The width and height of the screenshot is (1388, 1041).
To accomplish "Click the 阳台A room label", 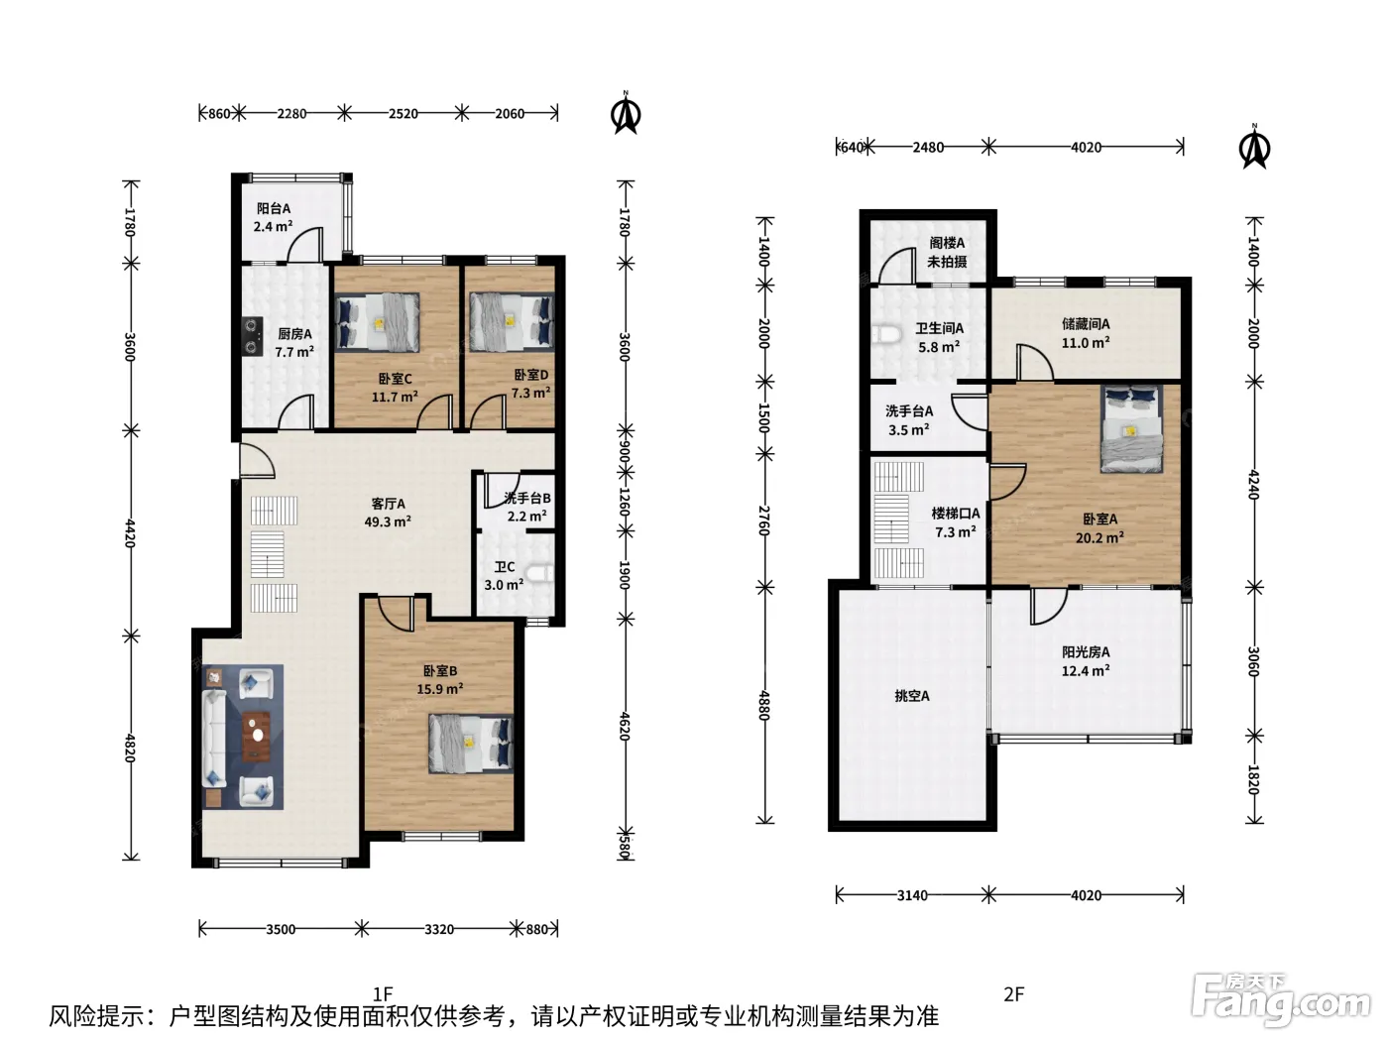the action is pyautogui.click(x=274, y=217).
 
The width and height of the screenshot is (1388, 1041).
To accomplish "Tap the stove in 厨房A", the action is pyautogui.click(x=252, y=336).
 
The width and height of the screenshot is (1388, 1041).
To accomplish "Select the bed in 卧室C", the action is pyautogui.click(x=377, y=322).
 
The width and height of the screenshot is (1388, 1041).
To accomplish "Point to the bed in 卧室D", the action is pyautogui.click(x=512, y=321).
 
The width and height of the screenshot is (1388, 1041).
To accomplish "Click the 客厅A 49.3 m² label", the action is pyautogui.click(x=388, y=513).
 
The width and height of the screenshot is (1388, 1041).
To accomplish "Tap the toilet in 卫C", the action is pyautogui.click(x=539, y=574).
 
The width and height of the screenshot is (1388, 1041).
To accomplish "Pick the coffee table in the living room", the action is pyautogui.click(x=256, y=737).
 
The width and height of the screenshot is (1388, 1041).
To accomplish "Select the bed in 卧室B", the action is pyautogui.click(x=471, y=744).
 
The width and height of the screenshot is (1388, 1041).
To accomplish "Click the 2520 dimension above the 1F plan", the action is pyautogui.click(x=403, y=114).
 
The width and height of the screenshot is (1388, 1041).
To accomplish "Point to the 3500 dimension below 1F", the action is pyautogui.click(x=281, y=929).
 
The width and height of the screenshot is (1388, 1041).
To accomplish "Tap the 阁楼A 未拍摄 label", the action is pyautogui.click(x=947, y=252).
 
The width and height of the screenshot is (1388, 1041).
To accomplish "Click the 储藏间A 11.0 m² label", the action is pyautogui.click(x=1086, y=333).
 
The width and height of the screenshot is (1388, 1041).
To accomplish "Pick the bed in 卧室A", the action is pyautogui.click(x=1132, y=428).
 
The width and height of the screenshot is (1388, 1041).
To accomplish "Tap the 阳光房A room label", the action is pyautogui.click(x=1086, y=661).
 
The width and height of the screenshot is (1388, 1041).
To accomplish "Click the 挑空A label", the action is pyautogui.click(x=912, y=696).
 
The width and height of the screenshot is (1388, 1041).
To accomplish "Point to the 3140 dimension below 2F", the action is pyautogui.click(x=912, y=895).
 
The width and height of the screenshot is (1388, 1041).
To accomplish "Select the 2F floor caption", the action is pyautogui.click(x=1013, y=994).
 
